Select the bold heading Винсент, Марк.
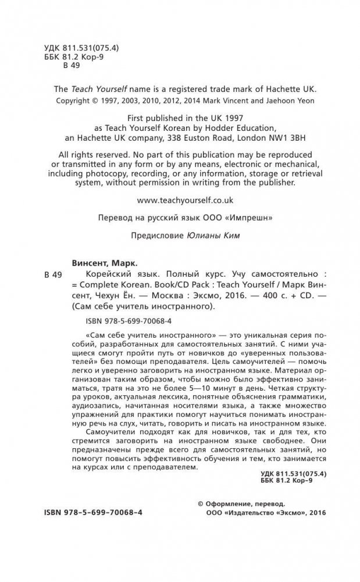95,263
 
